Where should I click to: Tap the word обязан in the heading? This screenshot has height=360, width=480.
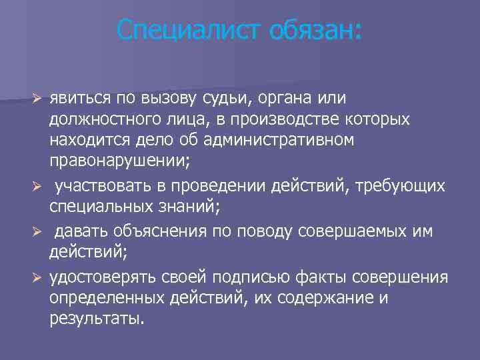(315, 30)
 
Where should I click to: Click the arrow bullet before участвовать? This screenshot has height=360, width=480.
(39, 185)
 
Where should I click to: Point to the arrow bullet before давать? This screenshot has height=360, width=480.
(39, 231)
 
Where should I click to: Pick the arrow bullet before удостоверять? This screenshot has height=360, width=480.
(39, 276)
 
